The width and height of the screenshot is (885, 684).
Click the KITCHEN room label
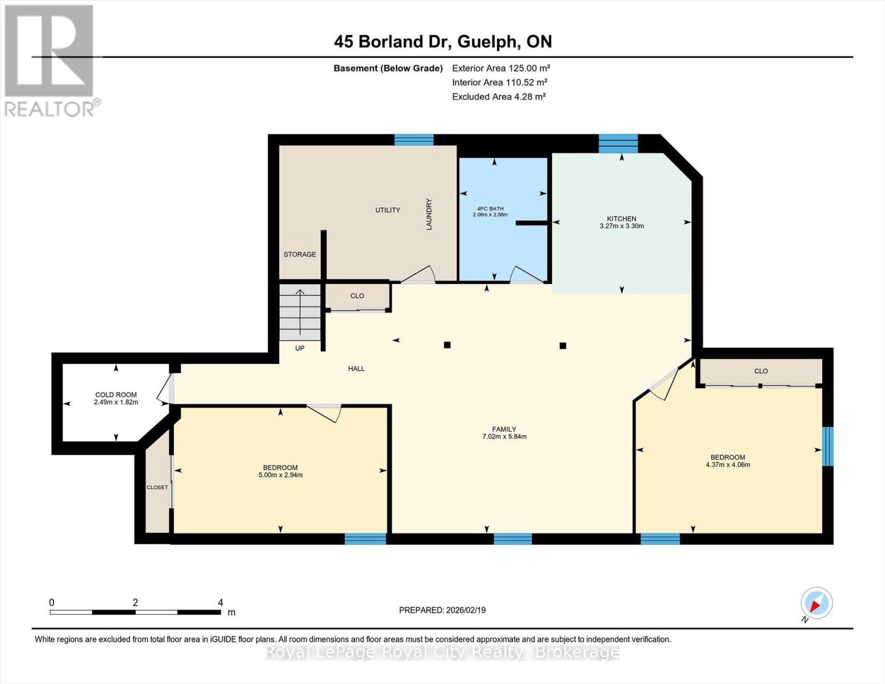pos(621,219)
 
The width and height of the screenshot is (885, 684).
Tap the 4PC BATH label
pos(490,209)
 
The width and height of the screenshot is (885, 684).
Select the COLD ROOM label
pos(116,394)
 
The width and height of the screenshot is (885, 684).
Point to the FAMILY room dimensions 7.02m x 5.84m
pos(504,437)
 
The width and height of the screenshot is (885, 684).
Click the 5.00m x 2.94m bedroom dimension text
pos(280,475)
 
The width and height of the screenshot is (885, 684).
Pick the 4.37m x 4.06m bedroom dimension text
pos(728,465)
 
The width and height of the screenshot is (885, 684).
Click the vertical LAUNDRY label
pos(429,214)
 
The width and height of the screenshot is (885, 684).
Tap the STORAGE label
pos(300,254)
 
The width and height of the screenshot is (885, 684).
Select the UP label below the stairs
pos(300,348)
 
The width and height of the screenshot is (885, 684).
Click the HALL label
pos(356,369)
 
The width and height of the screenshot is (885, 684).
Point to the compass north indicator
pos(816,603)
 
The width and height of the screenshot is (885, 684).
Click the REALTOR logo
pos(50,60)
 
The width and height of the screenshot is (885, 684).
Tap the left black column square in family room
pos(447,345)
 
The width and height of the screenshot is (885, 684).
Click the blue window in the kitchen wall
pos(618,144)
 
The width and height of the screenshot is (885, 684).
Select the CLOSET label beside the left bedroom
pos(157,487)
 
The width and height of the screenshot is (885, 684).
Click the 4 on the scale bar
pos(221,602)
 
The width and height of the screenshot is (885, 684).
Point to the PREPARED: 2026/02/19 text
pos(442,610)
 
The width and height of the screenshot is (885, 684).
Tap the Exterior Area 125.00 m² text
pos(501,68)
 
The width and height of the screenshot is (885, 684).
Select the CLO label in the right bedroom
pos(761,371)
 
